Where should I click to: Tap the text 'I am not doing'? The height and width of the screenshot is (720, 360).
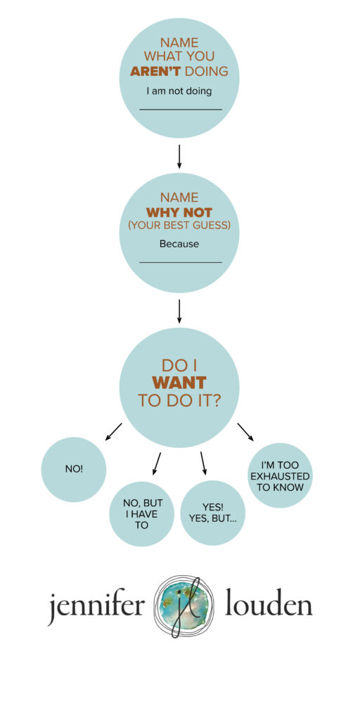click(179, 91)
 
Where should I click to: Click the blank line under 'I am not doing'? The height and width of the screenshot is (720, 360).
click(181, 110)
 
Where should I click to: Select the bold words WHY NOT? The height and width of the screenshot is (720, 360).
click(179, 213)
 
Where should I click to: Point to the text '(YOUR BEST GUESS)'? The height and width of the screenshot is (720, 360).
click(179, 226)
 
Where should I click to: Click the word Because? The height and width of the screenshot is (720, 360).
click(179, 244)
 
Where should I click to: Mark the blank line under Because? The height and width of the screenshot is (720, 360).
click(181, 263)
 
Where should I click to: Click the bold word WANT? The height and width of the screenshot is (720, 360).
click(179, 382)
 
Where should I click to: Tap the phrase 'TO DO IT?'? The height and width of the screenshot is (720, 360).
click(179, 400)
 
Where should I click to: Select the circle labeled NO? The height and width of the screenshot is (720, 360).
click(73, 469)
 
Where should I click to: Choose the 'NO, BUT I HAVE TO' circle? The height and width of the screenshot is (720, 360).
click(142, 514)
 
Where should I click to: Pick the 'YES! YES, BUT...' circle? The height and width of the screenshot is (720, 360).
click(213, 513)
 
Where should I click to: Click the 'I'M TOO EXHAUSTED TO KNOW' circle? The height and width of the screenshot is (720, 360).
click(280, 475)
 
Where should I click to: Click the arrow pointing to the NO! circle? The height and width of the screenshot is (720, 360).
click(113, 432)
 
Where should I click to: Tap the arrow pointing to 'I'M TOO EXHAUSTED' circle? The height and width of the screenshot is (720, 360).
click(245, 432)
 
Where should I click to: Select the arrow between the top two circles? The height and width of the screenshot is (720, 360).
click(179, 157)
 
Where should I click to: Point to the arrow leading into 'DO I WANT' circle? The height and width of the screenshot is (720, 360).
click(179, 311)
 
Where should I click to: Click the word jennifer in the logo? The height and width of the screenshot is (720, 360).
click(96, 607)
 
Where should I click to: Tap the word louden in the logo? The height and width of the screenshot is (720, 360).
click(269, 605)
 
